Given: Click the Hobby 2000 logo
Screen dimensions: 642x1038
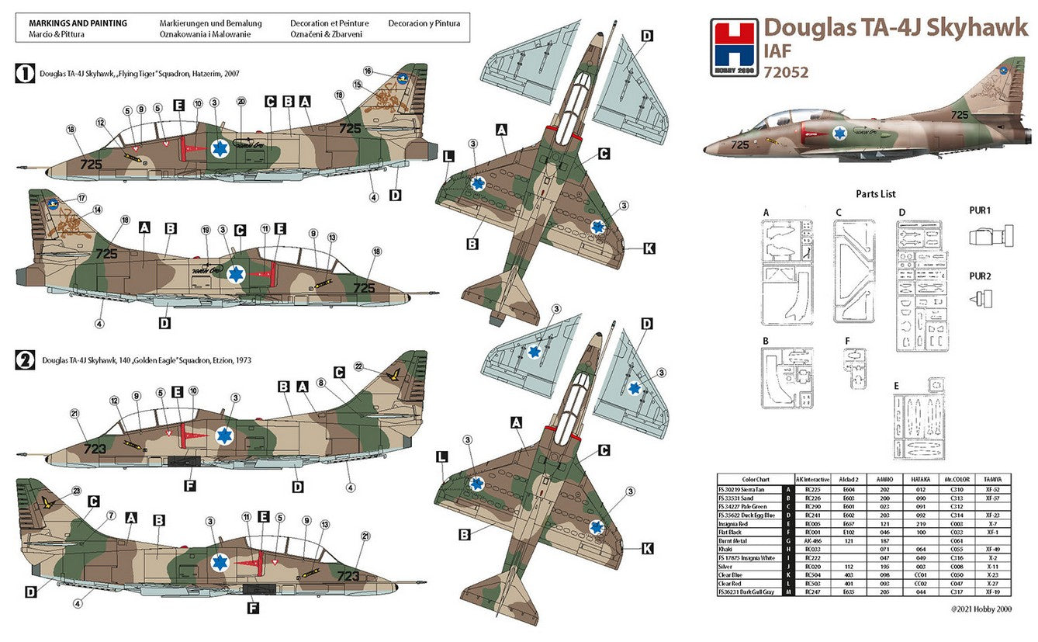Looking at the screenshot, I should tap(732, 48).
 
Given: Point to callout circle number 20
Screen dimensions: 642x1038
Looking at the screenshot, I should tap(241, 102).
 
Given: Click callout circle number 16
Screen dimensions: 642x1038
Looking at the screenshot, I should tap(368, 71).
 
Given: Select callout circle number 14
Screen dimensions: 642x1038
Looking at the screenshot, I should tap(98, 210).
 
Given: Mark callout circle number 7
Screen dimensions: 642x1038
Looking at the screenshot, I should tap(110, 515).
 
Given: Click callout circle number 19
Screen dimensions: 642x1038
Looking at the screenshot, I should tap(206, 230).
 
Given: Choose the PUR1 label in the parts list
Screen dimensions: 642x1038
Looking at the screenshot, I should tap(980, 210).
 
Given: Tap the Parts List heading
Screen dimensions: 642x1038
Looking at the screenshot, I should tap(876, 193).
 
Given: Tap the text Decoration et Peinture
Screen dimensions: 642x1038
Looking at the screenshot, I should tap(330, 23).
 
